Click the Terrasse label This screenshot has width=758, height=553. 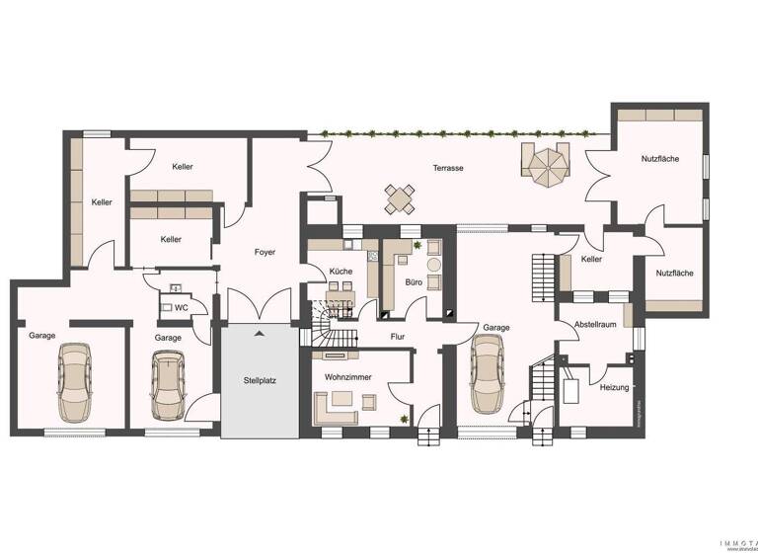447,168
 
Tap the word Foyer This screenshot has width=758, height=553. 265,252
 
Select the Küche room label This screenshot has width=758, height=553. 341,271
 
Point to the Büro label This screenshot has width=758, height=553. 414,281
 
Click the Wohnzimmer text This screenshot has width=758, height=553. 341,377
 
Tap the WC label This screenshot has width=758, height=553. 181,308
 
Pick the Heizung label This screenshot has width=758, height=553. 613,387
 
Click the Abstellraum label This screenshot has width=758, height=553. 595,322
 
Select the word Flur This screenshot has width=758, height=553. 397,336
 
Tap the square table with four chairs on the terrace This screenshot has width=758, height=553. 400,198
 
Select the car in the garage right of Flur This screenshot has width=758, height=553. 489,375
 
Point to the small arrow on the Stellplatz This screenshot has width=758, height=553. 260,334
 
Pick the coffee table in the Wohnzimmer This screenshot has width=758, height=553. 342,399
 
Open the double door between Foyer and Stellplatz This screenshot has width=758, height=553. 259,306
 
